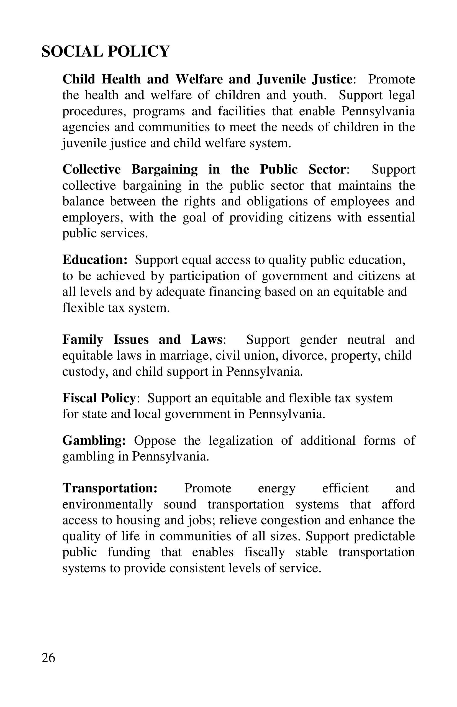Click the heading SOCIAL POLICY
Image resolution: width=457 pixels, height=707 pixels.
point(105,51)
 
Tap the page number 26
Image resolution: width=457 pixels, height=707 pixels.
point(48,658)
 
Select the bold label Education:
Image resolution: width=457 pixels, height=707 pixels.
point(95,260)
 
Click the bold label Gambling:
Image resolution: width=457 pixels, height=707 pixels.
point(94,441)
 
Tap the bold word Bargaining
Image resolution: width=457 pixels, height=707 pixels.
point(165,170)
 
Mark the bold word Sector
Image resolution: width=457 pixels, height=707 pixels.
point(327,170)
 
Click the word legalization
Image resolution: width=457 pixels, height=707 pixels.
point(241,441)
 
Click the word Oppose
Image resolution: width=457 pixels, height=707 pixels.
point(155,441)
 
